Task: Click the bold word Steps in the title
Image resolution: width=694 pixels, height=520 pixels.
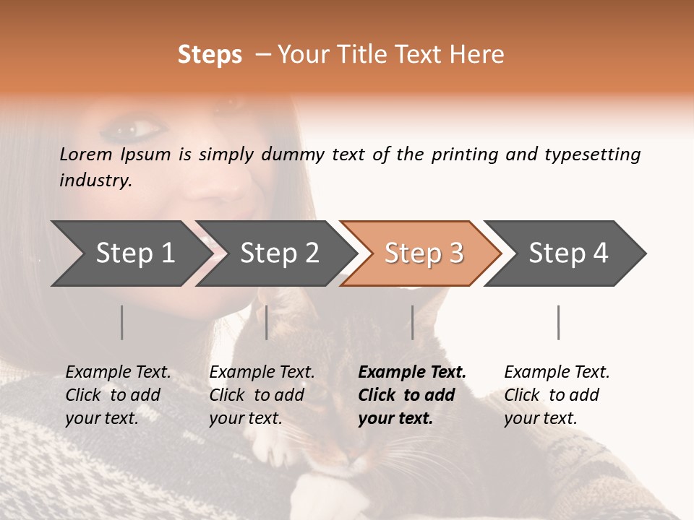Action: [x=210, y=55]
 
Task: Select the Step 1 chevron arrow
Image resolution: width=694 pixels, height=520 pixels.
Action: [x=130, y=253]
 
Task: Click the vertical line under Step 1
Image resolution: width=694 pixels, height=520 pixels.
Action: [x=122, y=322]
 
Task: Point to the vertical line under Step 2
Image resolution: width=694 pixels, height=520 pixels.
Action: [x=267, y=322]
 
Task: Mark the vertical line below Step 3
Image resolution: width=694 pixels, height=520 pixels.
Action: [x=413, y=322]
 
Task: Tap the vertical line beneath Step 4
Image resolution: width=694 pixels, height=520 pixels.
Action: [x=559, y=322]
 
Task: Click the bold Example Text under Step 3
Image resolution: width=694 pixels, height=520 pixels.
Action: [x=412, y=372]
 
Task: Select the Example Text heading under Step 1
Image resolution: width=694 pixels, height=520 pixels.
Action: [x=118, y=372]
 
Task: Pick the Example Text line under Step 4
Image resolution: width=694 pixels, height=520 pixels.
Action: [x=557, y=372]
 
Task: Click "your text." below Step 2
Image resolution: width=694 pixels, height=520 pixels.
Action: [x=245, y=418]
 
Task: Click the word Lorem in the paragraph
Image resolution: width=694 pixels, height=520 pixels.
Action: [x=86, y=154]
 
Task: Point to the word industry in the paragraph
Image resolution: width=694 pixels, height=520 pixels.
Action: [x=95, y=181]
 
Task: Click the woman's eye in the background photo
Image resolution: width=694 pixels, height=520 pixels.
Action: [x=142, y=130]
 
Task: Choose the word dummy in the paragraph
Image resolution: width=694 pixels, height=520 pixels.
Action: [x=294, y=154]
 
